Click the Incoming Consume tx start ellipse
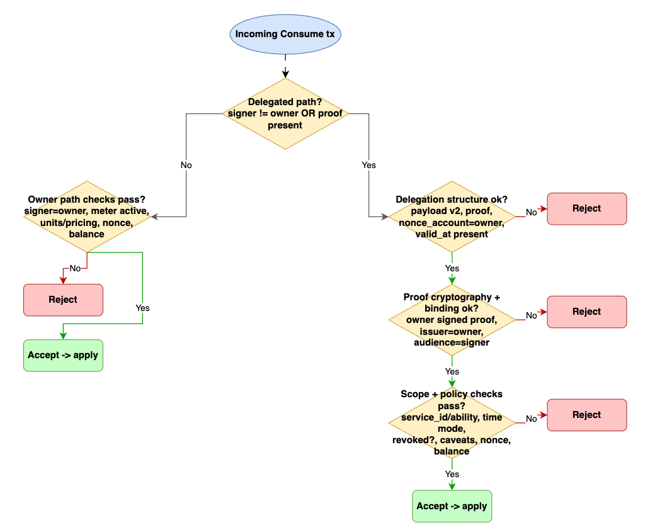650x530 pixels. (x=285, y=33)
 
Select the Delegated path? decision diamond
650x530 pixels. (x=285, y=114)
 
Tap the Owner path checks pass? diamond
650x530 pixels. (x=87, y=217)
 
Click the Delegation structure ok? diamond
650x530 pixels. (x=452, y=217)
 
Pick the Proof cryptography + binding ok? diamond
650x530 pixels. (x=452, y=320)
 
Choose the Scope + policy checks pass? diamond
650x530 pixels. (x=452, y=422)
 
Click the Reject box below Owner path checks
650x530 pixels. (x=63, y=300)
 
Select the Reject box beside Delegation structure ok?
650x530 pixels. (x=586, y=208)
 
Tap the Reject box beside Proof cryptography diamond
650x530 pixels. (x=586, y=312)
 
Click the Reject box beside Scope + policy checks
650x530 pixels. (x=586, y=415)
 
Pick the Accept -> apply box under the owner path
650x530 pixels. (x=63, y=355)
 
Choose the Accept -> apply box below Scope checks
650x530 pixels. (x=452, y=506)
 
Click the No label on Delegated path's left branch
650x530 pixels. (x=186, y=165)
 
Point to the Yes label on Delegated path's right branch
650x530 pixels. (x=368, y=165)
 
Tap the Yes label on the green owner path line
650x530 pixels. (x=143, y=308)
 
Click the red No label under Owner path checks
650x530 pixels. (x=75, y=268)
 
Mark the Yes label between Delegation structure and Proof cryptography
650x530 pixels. (x=452, y=268)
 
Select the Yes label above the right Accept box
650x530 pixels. (x=452, y=474)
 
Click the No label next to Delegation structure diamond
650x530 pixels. (x=532, y=213)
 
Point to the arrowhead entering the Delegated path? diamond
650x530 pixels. (x=285, y=74)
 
